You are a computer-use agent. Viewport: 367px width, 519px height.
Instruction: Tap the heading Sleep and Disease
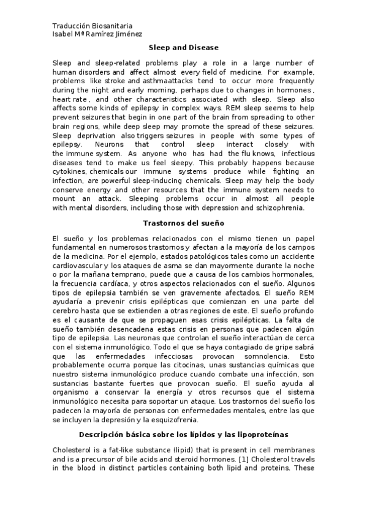(x=184, y=47)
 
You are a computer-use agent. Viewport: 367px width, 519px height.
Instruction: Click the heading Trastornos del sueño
(x=183, y=223)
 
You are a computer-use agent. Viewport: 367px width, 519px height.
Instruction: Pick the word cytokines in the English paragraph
(x=70, y=172)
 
